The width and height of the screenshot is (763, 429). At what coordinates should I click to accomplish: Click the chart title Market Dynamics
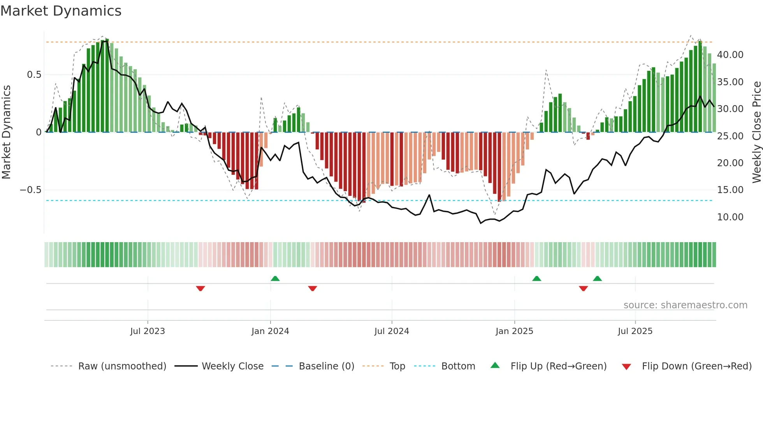[x=61, y=11]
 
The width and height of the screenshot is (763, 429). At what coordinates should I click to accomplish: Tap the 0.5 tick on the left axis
[x=34, y=74]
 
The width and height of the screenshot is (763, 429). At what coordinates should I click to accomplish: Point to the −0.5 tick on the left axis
[x=30, y=190]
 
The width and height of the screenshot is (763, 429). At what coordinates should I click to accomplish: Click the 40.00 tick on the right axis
[x=730, y=55]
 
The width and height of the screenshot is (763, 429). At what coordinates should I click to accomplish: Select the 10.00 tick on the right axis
[x=730, y=217]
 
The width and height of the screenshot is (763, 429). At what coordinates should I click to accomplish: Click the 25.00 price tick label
[x=730, y=136]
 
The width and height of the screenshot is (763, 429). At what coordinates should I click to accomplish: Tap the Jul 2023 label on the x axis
[x=148, y=331]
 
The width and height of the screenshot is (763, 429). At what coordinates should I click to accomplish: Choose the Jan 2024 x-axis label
[x=270, y=331]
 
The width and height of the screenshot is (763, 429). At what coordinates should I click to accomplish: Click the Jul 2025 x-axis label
[x=635, y=331]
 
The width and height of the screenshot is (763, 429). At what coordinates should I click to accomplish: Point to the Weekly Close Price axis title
[x=756, y=132]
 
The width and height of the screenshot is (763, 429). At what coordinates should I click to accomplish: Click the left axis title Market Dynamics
[x=6, y=132]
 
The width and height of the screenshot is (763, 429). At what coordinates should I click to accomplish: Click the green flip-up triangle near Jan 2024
[x=275, y=278]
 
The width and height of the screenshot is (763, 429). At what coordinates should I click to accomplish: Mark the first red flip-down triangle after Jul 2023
[x=200, y=288]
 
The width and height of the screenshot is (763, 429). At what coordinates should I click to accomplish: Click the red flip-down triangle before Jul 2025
[x=583, y=288]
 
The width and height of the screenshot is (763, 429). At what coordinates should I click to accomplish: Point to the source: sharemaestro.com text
[x=685, y=305]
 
